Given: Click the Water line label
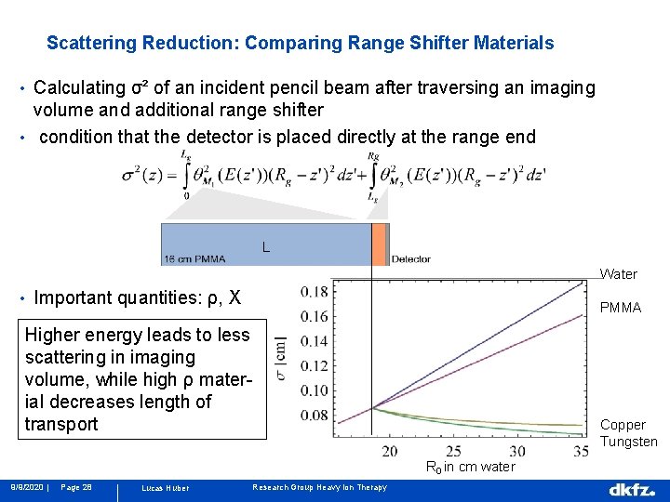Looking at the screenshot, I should click(619, 274).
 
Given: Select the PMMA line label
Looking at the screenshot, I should click(620, 308).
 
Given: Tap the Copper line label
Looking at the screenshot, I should click(623, 425).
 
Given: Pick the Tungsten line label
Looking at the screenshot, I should click(629, 442).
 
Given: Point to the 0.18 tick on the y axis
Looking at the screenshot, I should click(315, 292).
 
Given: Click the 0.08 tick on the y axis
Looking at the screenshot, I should click(315, 415).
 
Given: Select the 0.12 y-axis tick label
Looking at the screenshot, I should click(315, 366).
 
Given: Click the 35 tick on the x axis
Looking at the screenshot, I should click(581, 451).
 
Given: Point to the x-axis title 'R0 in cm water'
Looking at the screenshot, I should click(470, 467).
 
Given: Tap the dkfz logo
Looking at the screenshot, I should click(632, 489).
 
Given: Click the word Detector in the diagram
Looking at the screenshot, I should click(410, 258).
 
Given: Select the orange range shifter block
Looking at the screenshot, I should click(379, 244).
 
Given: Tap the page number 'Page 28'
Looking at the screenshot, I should click(75, 487).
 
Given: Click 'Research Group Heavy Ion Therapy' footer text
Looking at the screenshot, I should click(320, 487).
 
